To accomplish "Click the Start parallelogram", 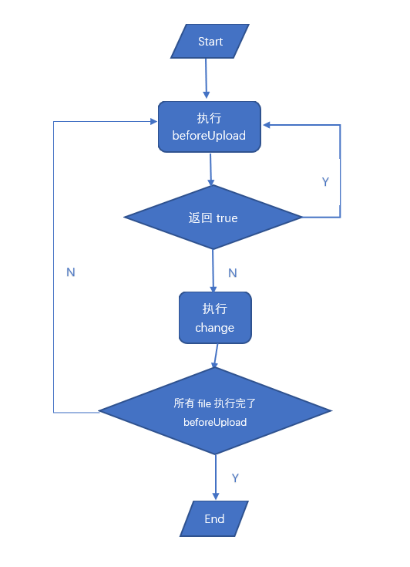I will click(210, 41).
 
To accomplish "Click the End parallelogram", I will click(214, 518).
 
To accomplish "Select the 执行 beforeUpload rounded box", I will click(210, 127).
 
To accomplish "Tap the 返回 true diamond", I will click(213, 218).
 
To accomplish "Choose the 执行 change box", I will click(214, 318).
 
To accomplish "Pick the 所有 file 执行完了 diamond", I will click(215, 411).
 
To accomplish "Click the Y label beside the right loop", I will click(325, 182).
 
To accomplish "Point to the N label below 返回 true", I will click(233, 273).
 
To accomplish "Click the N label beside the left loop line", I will click(71, 272).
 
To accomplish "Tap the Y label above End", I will click(235, 478).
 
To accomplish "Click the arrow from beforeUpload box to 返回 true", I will click(211, 169).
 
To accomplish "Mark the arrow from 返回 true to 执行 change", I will click(213, 270).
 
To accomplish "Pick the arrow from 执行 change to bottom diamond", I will click(215, 356).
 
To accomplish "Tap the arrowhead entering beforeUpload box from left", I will click(153, 121).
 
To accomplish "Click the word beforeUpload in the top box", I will click(209, 136).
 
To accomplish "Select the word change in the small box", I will click(214, 328).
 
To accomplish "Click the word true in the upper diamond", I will click(227, 218).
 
